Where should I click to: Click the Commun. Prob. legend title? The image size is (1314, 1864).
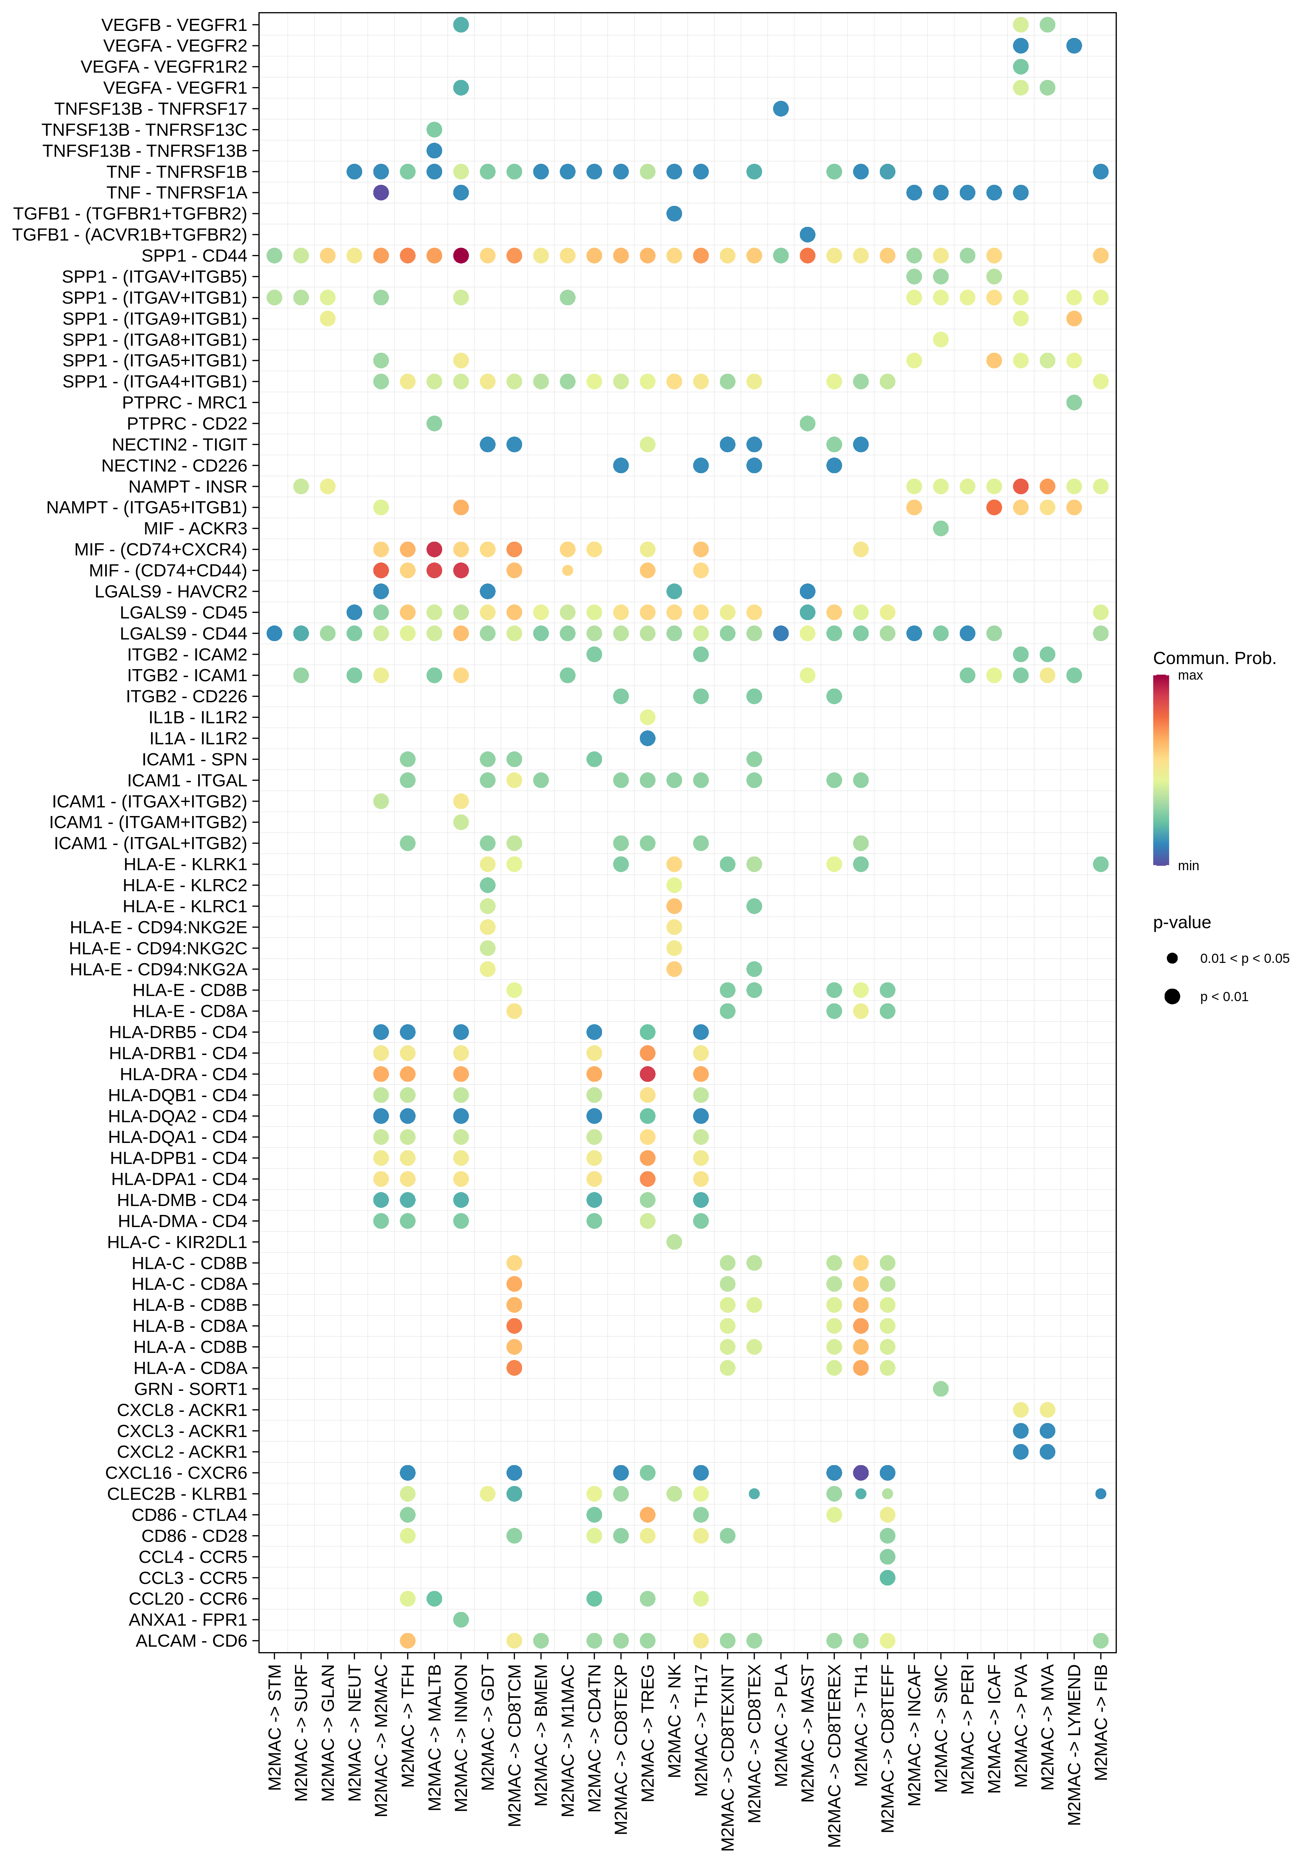[x=1214, y=658]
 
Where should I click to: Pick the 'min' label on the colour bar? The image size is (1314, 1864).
[x=1188, y=865]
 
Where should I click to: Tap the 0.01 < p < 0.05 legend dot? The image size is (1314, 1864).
[x=1172, y=958]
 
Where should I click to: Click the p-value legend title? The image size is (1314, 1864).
[x=1182, y=922]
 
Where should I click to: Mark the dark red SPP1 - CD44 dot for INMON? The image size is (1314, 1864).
[x=461, y=256]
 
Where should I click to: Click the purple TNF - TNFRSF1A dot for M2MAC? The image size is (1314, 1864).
[x=381, y=192]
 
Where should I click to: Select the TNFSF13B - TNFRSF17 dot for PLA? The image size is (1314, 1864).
[x=781, y=109]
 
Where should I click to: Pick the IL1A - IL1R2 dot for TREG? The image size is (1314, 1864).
[x=648, y=738]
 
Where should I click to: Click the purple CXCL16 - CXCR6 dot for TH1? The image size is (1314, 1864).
[x=861, y=1473]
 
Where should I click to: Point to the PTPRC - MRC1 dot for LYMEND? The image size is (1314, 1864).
[x=1074, y=403]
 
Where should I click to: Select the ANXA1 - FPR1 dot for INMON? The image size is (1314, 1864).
[x=461, y=1620]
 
